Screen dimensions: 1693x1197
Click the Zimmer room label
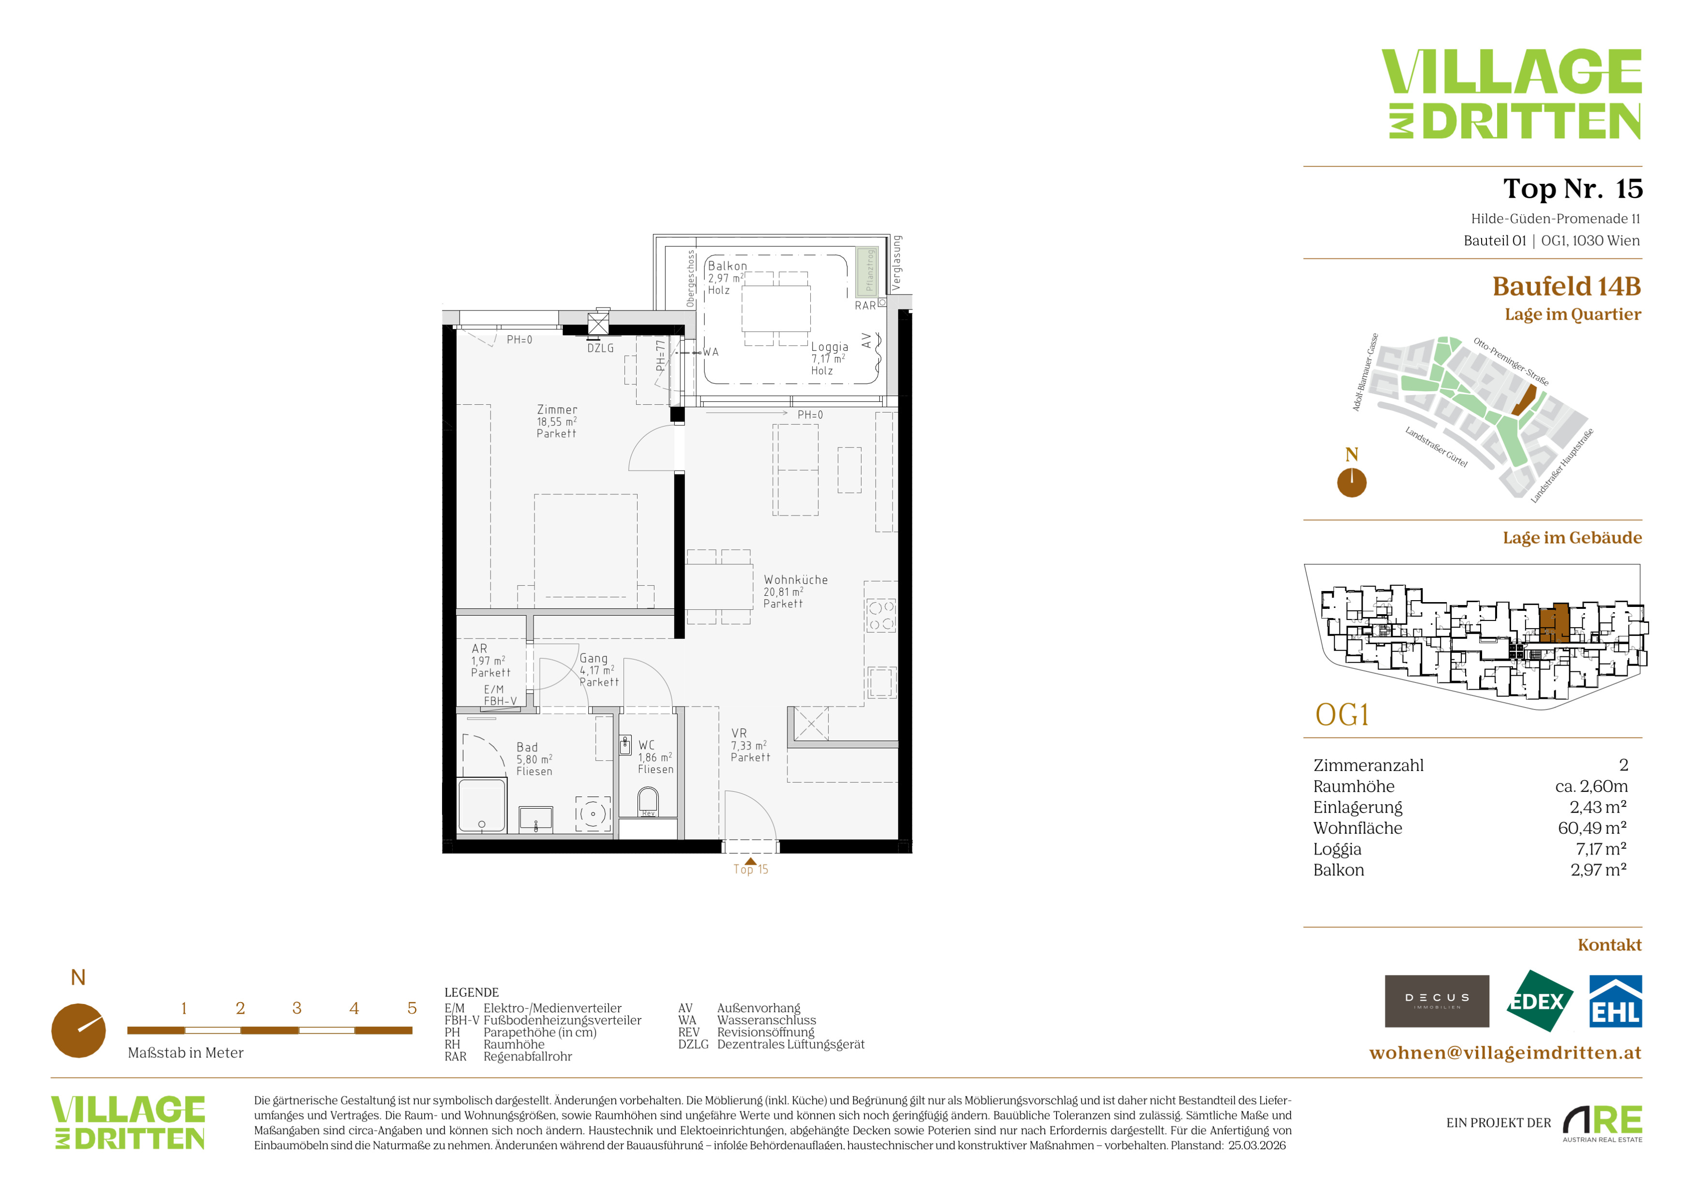coord(557,410)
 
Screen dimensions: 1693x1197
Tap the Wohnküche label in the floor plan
coord(796,580)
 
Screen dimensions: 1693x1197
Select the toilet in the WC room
coord(648,801)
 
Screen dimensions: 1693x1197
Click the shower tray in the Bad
coord(482,806)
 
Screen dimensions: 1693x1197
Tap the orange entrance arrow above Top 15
coord(751,861)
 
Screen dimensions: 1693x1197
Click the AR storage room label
coord(479,649)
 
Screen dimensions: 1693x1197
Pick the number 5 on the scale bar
coord(412,1008)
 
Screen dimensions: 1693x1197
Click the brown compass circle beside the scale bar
coord(78,1031)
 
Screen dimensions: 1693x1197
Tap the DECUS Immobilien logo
coord(1437,1001)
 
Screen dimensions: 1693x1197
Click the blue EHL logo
coord(1616,1001)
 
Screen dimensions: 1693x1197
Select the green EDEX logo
coord(1538,1001)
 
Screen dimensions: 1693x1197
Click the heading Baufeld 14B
coord(1567,286)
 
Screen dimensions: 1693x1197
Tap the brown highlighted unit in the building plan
coord(1554,623)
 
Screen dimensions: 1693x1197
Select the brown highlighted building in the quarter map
coord(1525,403)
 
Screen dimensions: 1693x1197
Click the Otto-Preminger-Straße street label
coord(1511,361)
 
